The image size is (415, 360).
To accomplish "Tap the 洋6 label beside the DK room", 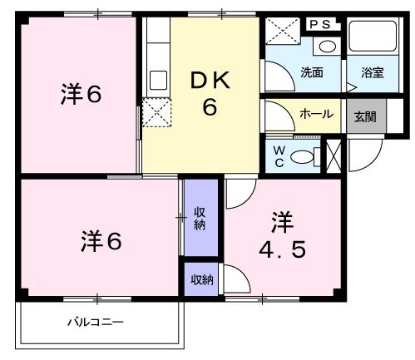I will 80,95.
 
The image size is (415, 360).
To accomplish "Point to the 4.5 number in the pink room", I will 281,249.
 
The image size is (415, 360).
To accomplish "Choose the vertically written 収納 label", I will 200,218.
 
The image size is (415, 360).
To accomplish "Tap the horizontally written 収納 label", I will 200,279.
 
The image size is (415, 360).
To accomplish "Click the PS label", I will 320,25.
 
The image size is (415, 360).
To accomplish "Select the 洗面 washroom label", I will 312,72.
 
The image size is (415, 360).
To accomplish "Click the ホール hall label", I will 317,114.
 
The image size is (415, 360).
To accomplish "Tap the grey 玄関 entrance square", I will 365,116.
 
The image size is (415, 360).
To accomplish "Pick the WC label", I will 279,155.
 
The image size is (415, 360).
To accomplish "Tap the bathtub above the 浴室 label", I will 373,38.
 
